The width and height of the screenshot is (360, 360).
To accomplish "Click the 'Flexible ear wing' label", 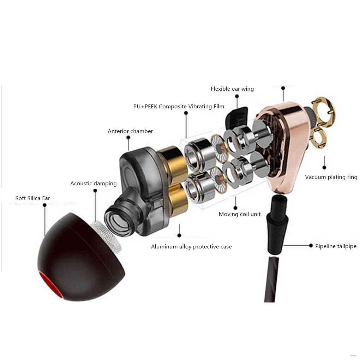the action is pyautogui.click(x=232, y=89).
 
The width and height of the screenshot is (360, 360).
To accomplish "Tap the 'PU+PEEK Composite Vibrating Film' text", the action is pyautogui.click(x=179, y=106).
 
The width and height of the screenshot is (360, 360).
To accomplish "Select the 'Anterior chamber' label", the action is pyautogui.click(x=130, y=131).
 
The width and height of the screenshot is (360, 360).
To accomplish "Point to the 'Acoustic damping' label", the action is pyautogui.click(x=93, y=184).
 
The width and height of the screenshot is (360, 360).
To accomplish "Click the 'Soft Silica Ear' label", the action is pyautogui.click(x=33, y=198).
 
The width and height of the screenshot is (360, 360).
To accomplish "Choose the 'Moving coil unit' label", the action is pyautogui.click(x=240, y=214).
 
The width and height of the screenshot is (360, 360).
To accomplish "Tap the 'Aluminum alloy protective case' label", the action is pyautogui.click(x=191, y=247).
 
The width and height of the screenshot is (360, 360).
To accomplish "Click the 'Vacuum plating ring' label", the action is pyautogui.click(x=331, y=177).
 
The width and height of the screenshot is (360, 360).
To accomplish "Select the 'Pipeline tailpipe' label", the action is pyautogui.click(x=336, y=246).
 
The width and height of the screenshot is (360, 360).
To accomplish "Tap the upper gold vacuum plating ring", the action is pyautogui.click(x=322, y=110).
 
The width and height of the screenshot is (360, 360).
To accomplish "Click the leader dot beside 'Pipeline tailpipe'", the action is pyautogui.click(x=311, y=245).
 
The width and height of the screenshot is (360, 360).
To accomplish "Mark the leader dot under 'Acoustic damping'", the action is pyautogui.click(x=95, y=191).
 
